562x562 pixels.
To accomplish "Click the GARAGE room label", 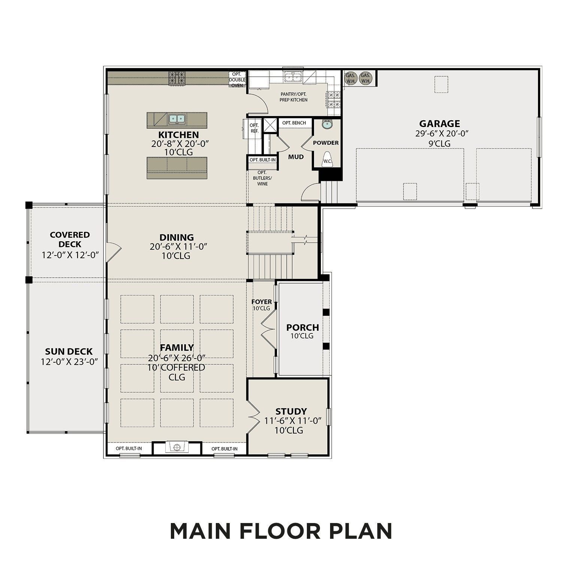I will coord(439,124).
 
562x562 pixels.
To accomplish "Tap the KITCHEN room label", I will coord(178,135).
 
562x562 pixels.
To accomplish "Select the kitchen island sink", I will coord(177,119).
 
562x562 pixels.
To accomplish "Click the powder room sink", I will coord(327,124).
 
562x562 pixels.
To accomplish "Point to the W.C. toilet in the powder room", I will coord(327,159).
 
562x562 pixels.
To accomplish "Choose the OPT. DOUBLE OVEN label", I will coord(237,80).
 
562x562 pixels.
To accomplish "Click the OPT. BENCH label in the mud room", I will coord(294,123).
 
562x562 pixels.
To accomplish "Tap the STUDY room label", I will coord(291,411).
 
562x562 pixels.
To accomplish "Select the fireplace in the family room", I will coord(177,447).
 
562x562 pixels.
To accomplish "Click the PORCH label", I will coord(302,327).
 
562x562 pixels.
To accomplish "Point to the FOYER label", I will coord(262,302).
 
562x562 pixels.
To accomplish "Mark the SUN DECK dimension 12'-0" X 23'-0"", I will coord(69,362).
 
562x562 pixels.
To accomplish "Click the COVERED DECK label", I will coord(70,239).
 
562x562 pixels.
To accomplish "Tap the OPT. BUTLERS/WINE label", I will coord(262,178).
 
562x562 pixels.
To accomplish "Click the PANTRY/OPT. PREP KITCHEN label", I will coord(293,97).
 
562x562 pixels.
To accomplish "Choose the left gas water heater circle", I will coord(351,78).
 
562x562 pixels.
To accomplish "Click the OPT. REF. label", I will coord(254,128).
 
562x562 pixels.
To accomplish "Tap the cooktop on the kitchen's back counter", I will coord(178,79).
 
